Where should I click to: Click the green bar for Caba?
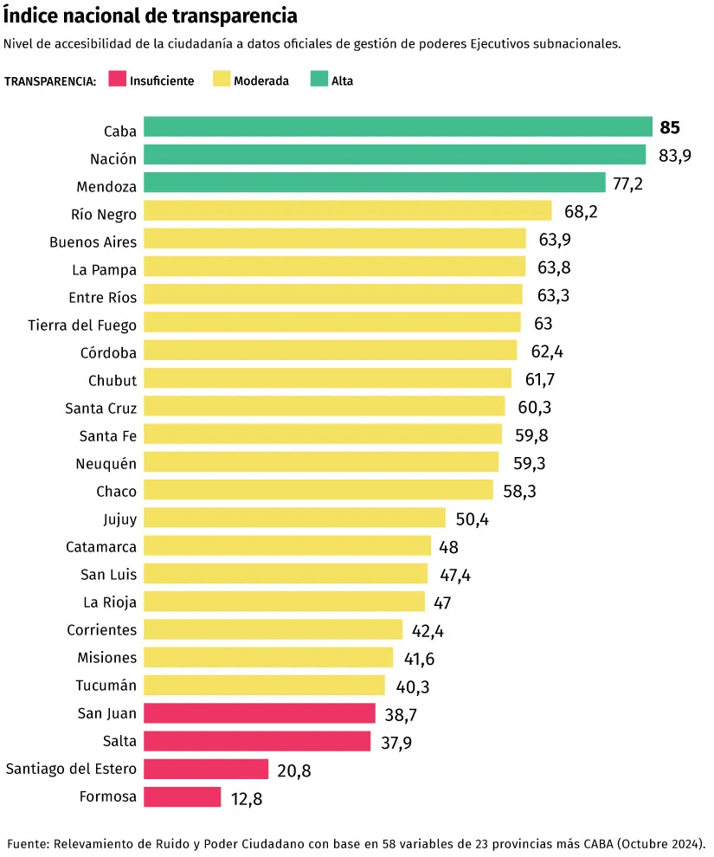click(x=397, y=127)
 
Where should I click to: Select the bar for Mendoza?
click(x=374, y=183)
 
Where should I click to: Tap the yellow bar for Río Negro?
click(x=347, y=210)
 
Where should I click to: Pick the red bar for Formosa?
click(x=182, y=796)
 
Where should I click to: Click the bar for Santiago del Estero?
click(x=206, y=769)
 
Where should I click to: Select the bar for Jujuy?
click(x=294, y=519)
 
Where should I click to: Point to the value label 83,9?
click(x=675, y=156)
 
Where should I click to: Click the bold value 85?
click(x=670, y=128)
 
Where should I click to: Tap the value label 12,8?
click(x=247, y=798)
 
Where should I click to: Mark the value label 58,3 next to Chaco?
click(x=520, y=492)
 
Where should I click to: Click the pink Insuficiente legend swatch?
click(x=117, y=80)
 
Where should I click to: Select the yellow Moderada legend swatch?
click(x=221, y=80)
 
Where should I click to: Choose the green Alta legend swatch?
click(x=318, y=80)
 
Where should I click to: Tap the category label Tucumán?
click(x=106, y=686)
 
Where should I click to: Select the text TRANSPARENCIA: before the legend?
click(x=50, y=81)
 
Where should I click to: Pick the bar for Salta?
click(x=257, y=741)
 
